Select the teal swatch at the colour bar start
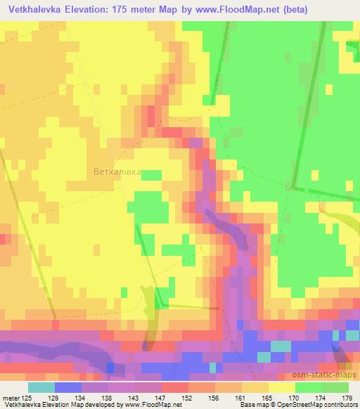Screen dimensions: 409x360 pyautogui.click(x=41, y=389)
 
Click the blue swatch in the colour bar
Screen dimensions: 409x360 pyautogui.click(x=67, y=389)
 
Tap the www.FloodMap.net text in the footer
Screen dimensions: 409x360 pyautogui.click(x=151, y=405)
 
